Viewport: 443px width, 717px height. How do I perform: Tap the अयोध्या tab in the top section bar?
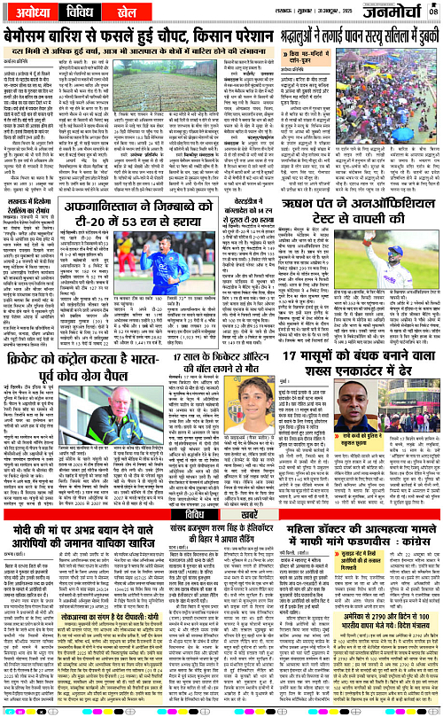tap(32, 15)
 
